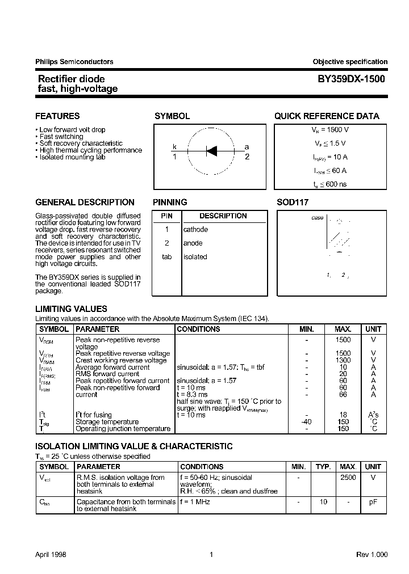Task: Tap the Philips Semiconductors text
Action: point(74,62)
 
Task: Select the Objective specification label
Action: point(350,62)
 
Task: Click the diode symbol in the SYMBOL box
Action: point(211,151)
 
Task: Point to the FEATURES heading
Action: point(57,116)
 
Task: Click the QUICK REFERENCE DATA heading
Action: point(327,116)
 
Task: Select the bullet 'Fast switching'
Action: point(61,137)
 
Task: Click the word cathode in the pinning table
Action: point(195,230)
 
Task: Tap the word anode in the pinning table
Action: point(193,243)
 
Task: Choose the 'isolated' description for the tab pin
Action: point(195,257)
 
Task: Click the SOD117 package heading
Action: point(293,202)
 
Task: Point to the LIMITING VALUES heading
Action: point(71,309)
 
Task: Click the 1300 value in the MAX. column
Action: point(343,360)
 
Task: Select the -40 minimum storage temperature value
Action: point(306,422)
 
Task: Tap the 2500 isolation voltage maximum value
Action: point(348,478)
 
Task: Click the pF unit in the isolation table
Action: point(373,502)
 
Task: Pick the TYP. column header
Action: point(323,467)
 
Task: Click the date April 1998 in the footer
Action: point(51,555)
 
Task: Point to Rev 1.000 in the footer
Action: point(372,555)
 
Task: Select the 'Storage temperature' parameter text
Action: point(107,422)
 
